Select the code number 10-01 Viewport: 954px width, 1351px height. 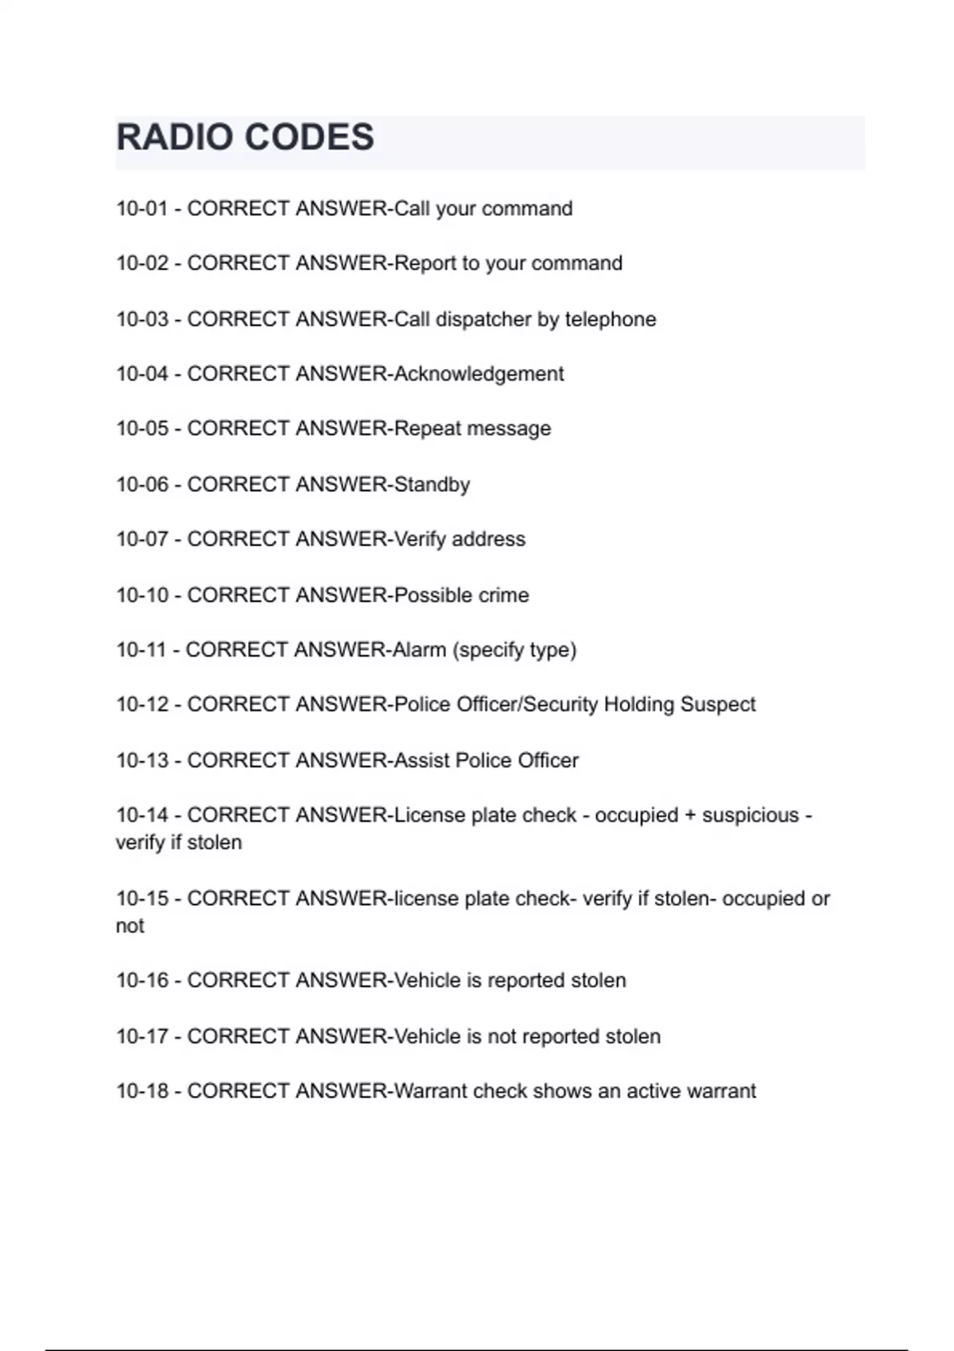click(142, 209)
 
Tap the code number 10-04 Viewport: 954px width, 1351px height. click(142, 374)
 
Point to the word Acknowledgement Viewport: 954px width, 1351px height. click(479, 374)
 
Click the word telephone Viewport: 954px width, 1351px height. click(611, 319)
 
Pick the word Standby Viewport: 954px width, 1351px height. click(432, 485)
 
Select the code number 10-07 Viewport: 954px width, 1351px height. click(142, 540)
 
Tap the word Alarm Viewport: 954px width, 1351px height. click(419, 650)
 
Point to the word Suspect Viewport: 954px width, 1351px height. click(718, 705)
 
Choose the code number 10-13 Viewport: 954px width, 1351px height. click(142, 761)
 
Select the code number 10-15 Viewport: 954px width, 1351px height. click(142, 899)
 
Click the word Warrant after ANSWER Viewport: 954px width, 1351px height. click(430, 1091)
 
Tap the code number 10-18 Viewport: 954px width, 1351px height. click(142, 1091)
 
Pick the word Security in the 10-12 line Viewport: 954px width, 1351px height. click(560, 705)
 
